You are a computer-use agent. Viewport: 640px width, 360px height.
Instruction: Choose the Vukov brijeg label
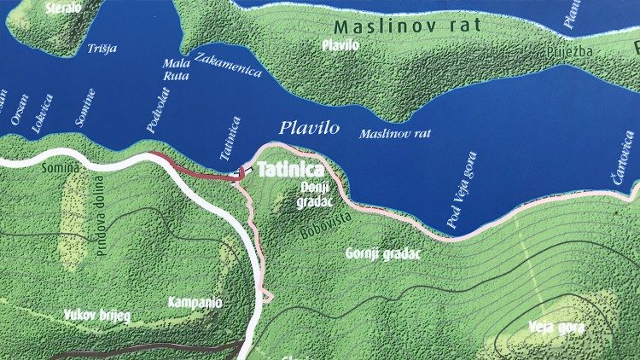(97, 315)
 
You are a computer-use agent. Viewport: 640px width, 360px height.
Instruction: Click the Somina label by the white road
(59, 169)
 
